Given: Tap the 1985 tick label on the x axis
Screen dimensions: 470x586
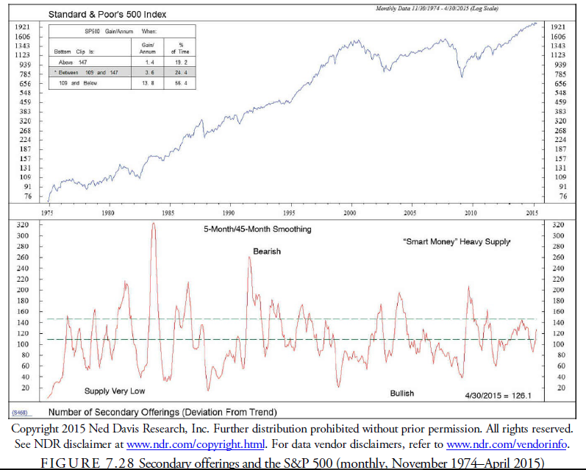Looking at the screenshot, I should [168, 213].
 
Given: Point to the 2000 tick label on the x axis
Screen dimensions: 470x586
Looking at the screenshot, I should [349, 213].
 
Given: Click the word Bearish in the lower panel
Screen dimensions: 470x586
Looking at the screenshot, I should [267, 252].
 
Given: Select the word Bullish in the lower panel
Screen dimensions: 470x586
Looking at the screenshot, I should [401, 394].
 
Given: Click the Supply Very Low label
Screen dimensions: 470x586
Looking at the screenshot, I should [114, 391].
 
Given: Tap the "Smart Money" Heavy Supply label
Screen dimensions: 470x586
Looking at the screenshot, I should [457, 242].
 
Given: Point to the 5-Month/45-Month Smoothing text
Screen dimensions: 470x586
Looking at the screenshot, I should [257, 229].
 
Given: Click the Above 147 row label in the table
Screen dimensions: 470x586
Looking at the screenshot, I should [73, 63].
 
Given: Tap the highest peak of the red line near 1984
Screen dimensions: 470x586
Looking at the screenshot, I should [154, 223].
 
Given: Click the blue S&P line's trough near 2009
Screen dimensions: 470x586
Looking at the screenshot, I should [462, 76].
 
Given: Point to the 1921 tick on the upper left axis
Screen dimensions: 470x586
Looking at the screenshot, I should [21, 26].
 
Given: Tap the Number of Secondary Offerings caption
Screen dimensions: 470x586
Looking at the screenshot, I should [162, 412].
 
